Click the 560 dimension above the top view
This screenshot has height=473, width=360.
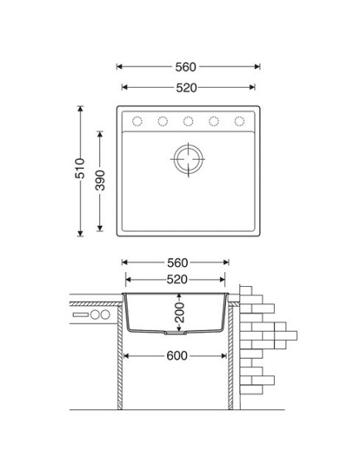coord(185,67)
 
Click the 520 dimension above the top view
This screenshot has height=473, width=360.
coord(186,88)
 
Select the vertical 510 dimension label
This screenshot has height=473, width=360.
coord(80,168)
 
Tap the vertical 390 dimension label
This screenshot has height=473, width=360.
coord(100,180)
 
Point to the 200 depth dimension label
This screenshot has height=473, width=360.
coord(180,313)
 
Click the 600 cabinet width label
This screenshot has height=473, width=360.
coord(177,356)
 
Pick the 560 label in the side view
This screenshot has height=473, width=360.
coord(178,263)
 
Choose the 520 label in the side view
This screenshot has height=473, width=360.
coord(177,279)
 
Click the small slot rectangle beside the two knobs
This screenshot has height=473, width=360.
coord(80,315)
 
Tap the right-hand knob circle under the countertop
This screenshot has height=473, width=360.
coord(105,315)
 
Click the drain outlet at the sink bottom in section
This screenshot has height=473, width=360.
coord(175,333)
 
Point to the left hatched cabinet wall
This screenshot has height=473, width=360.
coord(120,357)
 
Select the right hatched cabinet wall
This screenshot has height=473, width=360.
coord(231,357)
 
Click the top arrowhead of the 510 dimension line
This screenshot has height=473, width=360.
coord(80,108)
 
